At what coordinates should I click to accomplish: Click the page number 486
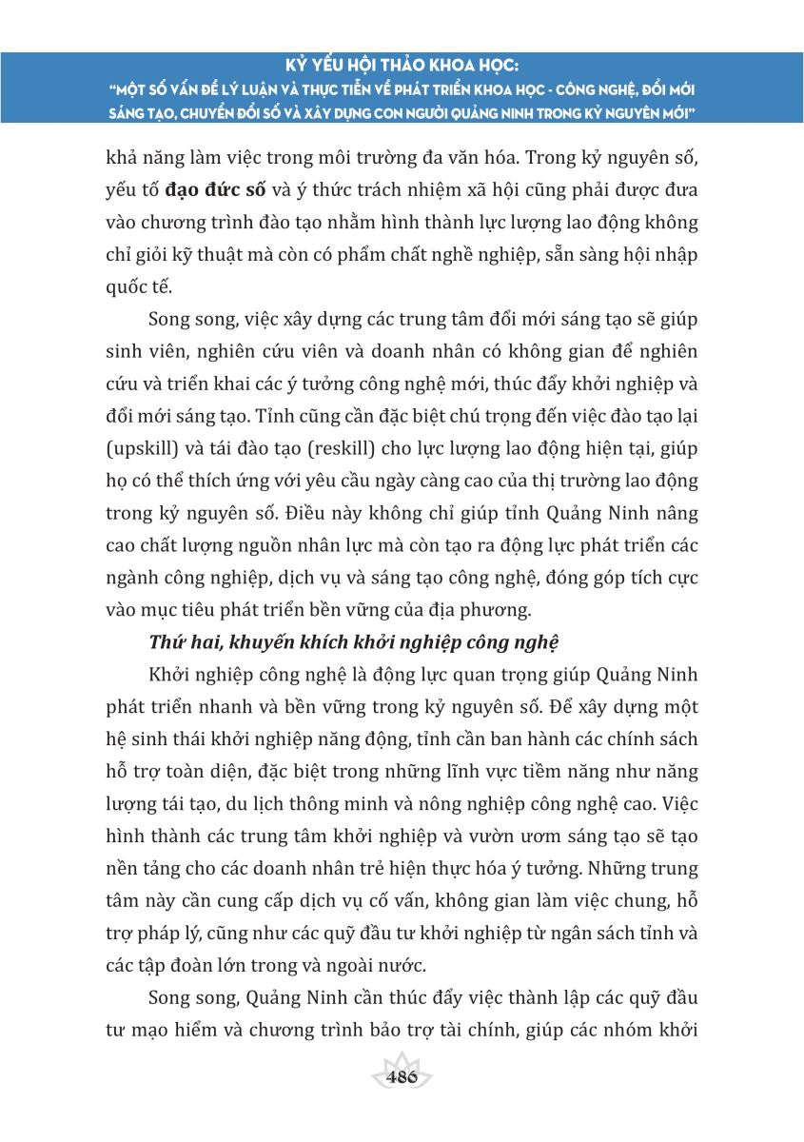pyautogui.click(x=402, y=1078)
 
